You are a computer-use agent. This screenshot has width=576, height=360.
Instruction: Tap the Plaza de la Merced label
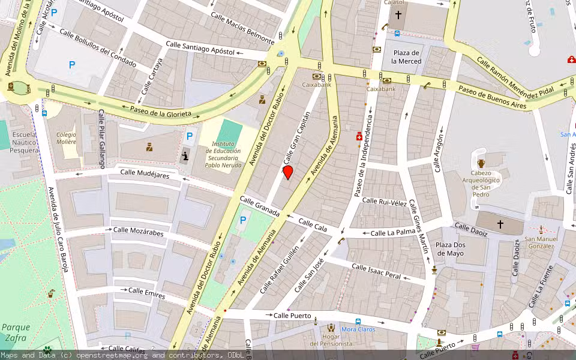point(406,57)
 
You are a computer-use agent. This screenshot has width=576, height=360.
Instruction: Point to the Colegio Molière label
point(66,138)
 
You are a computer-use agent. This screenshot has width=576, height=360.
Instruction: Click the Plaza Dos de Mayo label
point(450,249)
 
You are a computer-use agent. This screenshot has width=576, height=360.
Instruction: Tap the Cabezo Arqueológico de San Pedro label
point(481,184)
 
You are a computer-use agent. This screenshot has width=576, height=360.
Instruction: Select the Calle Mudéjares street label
point(145,174)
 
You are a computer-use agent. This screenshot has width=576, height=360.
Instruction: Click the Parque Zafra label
point(16,332)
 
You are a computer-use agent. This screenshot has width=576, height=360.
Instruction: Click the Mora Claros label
point(358,329)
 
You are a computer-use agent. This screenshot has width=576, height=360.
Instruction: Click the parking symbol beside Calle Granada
point(243,220)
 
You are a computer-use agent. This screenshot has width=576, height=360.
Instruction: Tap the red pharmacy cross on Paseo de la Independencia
point(359,137)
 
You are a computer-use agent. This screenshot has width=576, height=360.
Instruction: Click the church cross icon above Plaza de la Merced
point(398,15)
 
